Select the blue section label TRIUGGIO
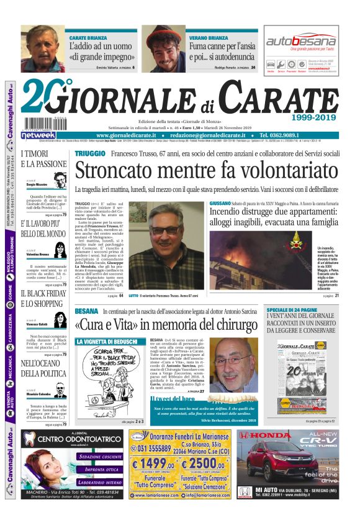91,153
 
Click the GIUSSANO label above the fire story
220,204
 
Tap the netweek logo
38,135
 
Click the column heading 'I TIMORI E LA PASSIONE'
39,159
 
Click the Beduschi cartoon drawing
109,380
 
